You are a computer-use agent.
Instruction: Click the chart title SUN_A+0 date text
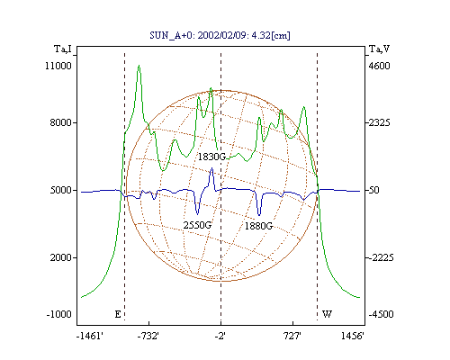point(220,35)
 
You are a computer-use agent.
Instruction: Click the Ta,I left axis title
point(63,49)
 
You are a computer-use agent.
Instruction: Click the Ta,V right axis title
point(379,49)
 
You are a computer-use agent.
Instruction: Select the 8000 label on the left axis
point(61,122)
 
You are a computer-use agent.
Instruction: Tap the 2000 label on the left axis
point(61,257)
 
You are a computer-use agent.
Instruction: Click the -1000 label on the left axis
point(58,314)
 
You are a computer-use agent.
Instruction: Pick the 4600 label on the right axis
point(379,66)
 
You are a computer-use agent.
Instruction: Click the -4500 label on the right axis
point(381,314)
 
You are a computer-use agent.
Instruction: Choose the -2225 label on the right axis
point(381,257)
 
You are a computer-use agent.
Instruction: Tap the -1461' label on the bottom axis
point(90,336)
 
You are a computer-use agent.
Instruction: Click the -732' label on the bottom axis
point(148,336)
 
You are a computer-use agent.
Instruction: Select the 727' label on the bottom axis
point(292,336)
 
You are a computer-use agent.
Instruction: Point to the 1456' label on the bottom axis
point(353,336)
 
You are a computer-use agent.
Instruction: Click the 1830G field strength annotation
point(211,157)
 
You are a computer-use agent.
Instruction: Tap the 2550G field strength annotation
point(197,225)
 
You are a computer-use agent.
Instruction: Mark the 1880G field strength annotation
point(258,226)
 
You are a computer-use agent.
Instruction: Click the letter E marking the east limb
point(118,314)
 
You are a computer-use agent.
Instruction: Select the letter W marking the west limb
point(327,314)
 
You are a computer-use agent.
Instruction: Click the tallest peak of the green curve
point(139,66)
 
